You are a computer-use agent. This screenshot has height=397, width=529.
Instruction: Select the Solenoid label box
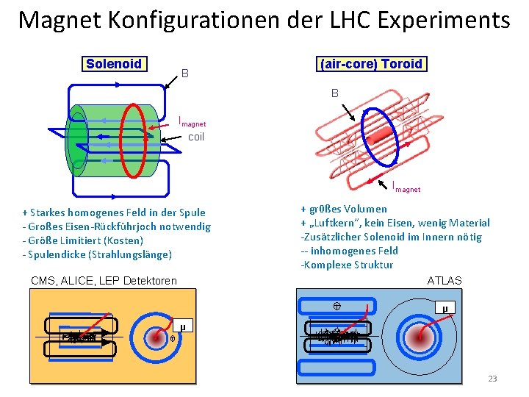pos(114,64)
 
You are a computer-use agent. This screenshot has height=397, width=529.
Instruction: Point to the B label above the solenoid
pos(185,74)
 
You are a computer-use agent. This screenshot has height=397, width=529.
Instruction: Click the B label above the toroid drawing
pos(334,93)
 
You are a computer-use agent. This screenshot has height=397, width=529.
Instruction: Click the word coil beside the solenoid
pos(196,137)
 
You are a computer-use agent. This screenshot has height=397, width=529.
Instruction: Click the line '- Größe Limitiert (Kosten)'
pos(83,240)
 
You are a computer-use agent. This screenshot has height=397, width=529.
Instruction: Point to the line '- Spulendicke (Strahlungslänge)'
pos(97,254)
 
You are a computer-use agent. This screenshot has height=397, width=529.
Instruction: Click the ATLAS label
pos(445,280)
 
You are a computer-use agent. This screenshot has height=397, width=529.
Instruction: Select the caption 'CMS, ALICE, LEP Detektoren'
pos(104,281)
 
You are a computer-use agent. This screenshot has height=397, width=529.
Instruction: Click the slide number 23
pos(492,379)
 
